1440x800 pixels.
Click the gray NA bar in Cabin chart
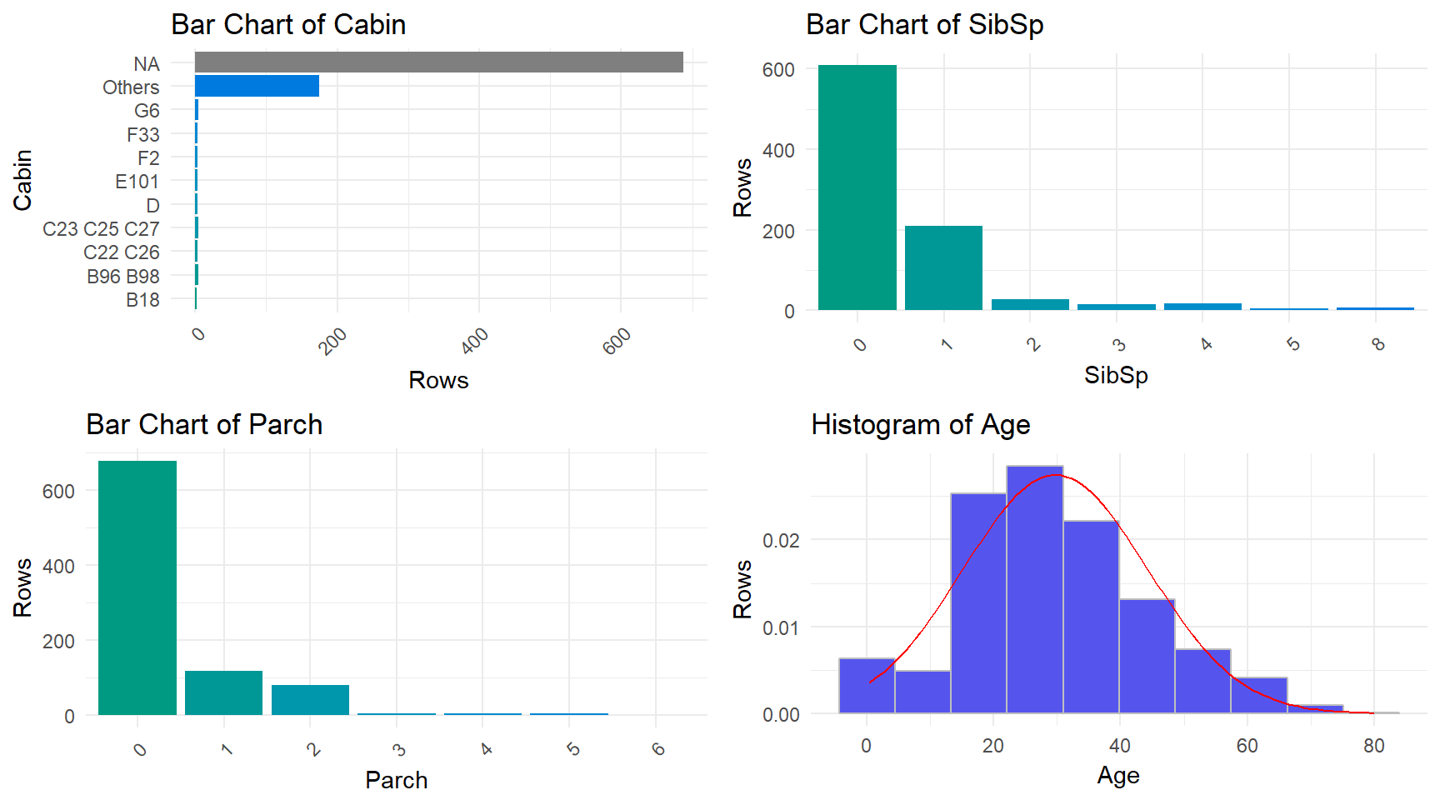pyautogui.click(x=438, y=62)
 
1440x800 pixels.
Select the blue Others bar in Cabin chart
pyautogui.click(x=257, y=86)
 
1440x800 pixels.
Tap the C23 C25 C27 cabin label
pyautogui.click(x=101, y=228)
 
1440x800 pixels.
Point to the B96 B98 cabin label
pyautogui.click(x=122, y=276)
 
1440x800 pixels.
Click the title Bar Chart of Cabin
pyautogui.click(x=288, y=25)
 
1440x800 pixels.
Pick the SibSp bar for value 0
pyautogui.click(x=857, y=187)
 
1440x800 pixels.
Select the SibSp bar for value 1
pyautogui.click(x=943, y=267)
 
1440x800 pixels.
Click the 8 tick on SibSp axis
pyautogui.click(x=1378, y=343)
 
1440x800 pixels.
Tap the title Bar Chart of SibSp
pyautogui.click(x=924, y=25)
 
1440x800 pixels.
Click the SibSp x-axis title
pyautogui.click(x=1116, y=375)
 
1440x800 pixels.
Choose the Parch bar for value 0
pyautogui.click(x=137, y=587)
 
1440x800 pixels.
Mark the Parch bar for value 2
pyautogui.click(x=310, y=699)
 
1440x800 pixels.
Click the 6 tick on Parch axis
pyautogui.click(x=658, y=748)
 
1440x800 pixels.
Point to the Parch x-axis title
pyautogui.click(x=396, y=780)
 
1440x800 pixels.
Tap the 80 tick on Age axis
pyautogui.click(x=1374, y=746)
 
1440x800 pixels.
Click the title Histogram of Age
pyautogui.click(x=920, y=425)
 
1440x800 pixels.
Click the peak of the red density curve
pyautogui.click(x=1055, y=475)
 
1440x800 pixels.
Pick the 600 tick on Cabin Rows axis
pyautogui.click(x=617, y=340)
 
